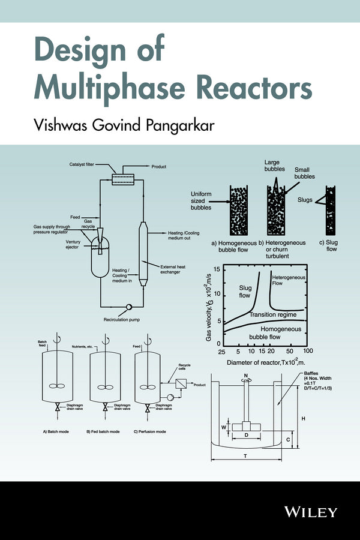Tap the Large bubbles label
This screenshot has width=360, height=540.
click(x=275, y=166)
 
